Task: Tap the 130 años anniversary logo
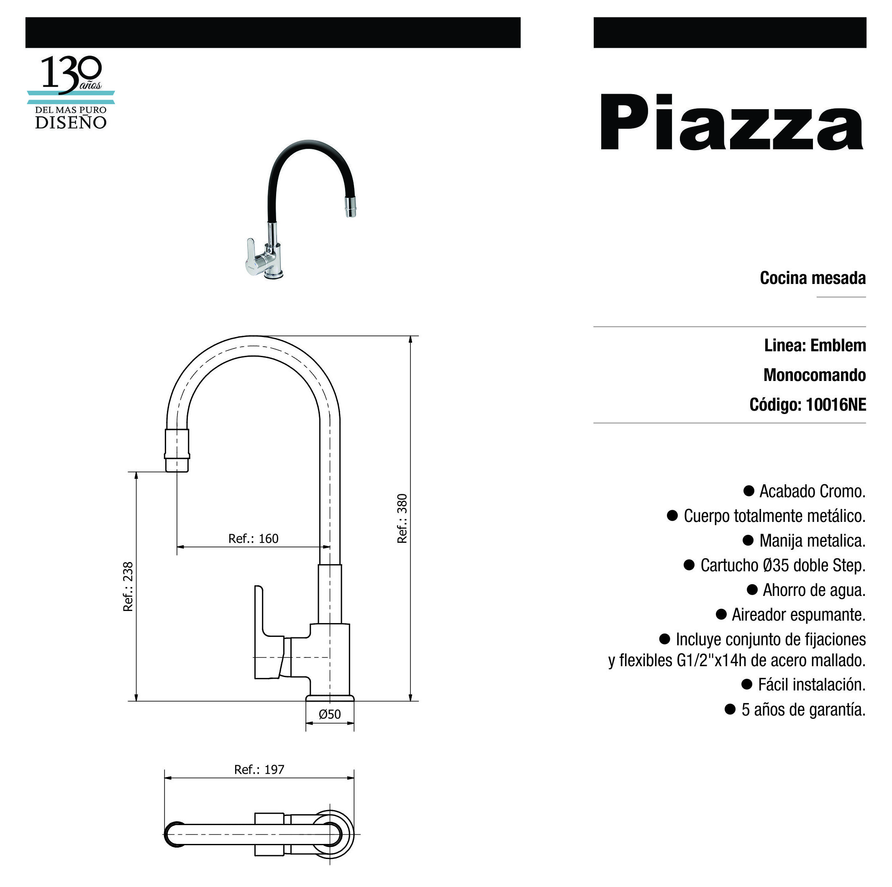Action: (x=71, y=93)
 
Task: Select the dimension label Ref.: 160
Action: (x=254, y=539)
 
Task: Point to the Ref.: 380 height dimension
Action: (x=402, y=518)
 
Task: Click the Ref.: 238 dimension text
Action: (x=128, y=587)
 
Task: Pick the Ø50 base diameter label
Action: (x=330, y=714)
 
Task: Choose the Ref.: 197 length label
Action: (x=259, y=770)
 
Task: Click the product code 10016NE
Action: (x=836, y=405)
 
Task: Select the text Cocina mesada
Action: (x=813, y=278)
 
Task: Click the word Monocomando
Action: (x=815, y=375)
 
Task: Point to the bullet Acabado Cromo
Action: (x=812, y=491)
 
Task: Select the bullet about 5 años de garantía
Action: (x=803, y=710)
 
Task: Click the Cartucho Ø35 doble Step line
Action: (x=782, y=565)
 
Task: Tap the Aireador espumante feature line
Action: (x=798, y=615)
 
